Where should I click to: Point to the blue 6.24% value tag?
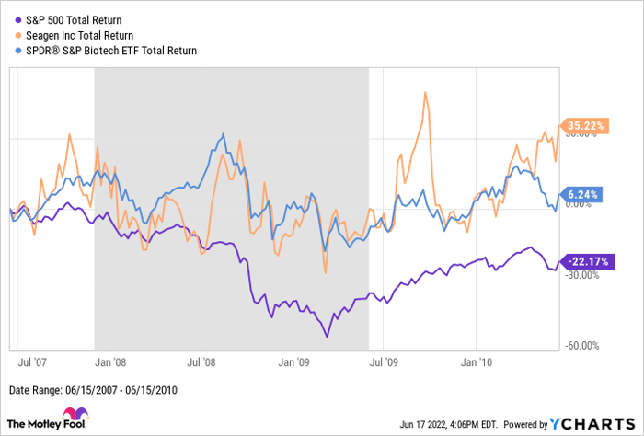tap(581, 195)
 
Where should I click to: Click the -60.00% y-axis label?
tap(583, 346)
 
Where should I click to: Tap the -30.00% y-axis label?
tap(583, 274)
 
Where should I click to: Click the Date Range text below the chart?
tap(92, 389)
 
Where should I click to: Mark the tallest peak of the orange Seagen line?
tap(424, 92)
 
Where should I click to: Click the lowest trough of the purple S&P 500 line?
tap(327, 337)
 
